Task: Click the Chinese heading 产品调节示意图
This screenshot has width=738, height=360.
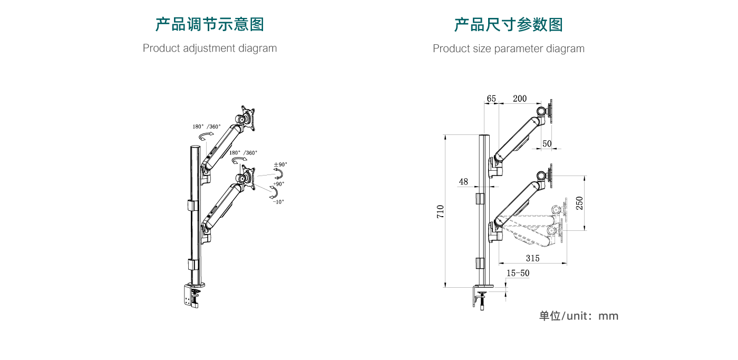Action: (209, 24)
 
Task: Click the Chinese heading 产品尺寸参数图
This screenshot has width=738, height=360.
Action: (508, 25)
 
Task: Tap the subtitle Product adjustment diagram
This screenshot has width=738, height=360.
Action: (209, 48)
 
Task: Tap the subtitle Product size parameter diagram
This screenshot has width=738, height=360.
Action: (508, 48)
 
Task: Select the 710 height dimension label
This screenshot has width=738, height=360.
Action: (441, 211)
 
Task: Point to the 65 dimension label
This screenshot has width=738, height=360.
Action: (491, 99)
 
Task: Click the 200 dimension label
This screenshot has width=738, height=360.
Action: (519, 99)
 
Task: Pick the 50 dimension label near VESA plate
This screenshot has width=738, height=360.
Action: (547, 143)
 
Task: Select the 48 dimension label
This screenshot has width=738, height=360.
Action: (463, 182)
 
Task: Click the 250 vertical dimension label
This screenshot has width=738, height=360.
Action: (579, 203)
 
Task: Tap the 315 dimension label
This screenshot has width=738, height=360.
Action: (532, 258)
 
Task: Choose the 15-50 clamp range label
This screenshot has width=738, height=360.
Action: (518, 273)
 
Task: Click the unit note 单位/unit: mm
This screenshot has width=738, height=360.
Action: (578, 316)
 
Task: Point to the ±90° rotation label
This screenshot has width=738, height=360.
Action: (280, 165)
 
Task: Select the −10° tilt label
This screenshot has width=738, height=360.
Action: (278, 202)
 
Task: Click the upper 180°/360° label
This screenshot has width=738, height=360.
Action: (207, 127)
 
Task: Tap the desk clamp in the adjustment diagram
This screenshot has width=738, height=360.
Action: (192, 296)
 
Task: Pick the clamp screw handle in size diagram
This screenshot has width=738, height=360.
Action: (482, 304)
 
